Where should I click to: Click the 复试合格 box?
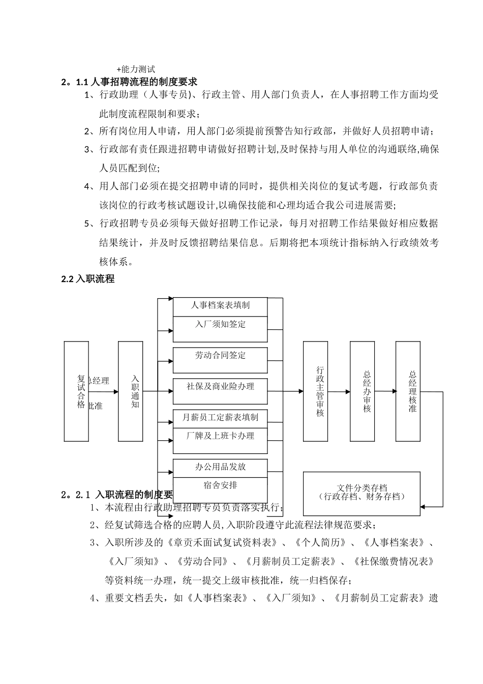click(x=76, y=391)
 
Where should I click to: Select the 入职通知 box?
click(x=130, y=391)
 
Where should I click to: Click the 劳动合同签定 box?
click(x=220, y=360)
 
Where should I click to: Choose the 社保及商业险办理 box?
click(x=220, y=391)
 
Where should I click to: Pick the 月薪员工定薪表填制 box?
click(x=220, y=418)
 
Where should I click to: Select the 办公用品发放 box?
click(x=220, y=468)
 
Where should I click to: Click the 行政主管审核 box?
click(x=315, y=391)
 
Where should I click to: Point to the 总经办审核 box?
click(x=362, y=391)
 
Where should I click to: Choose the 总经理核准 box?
click(x=408, y=391)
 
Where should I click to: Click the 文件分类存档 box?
click(x=361, y=493)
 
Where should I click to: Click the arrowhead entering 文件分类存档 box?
click(x=424, y=506)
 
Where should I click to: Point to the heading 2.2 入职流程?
click(x=87, y=279)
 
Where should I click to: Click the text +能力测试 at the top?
click(x=135, y=69)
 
